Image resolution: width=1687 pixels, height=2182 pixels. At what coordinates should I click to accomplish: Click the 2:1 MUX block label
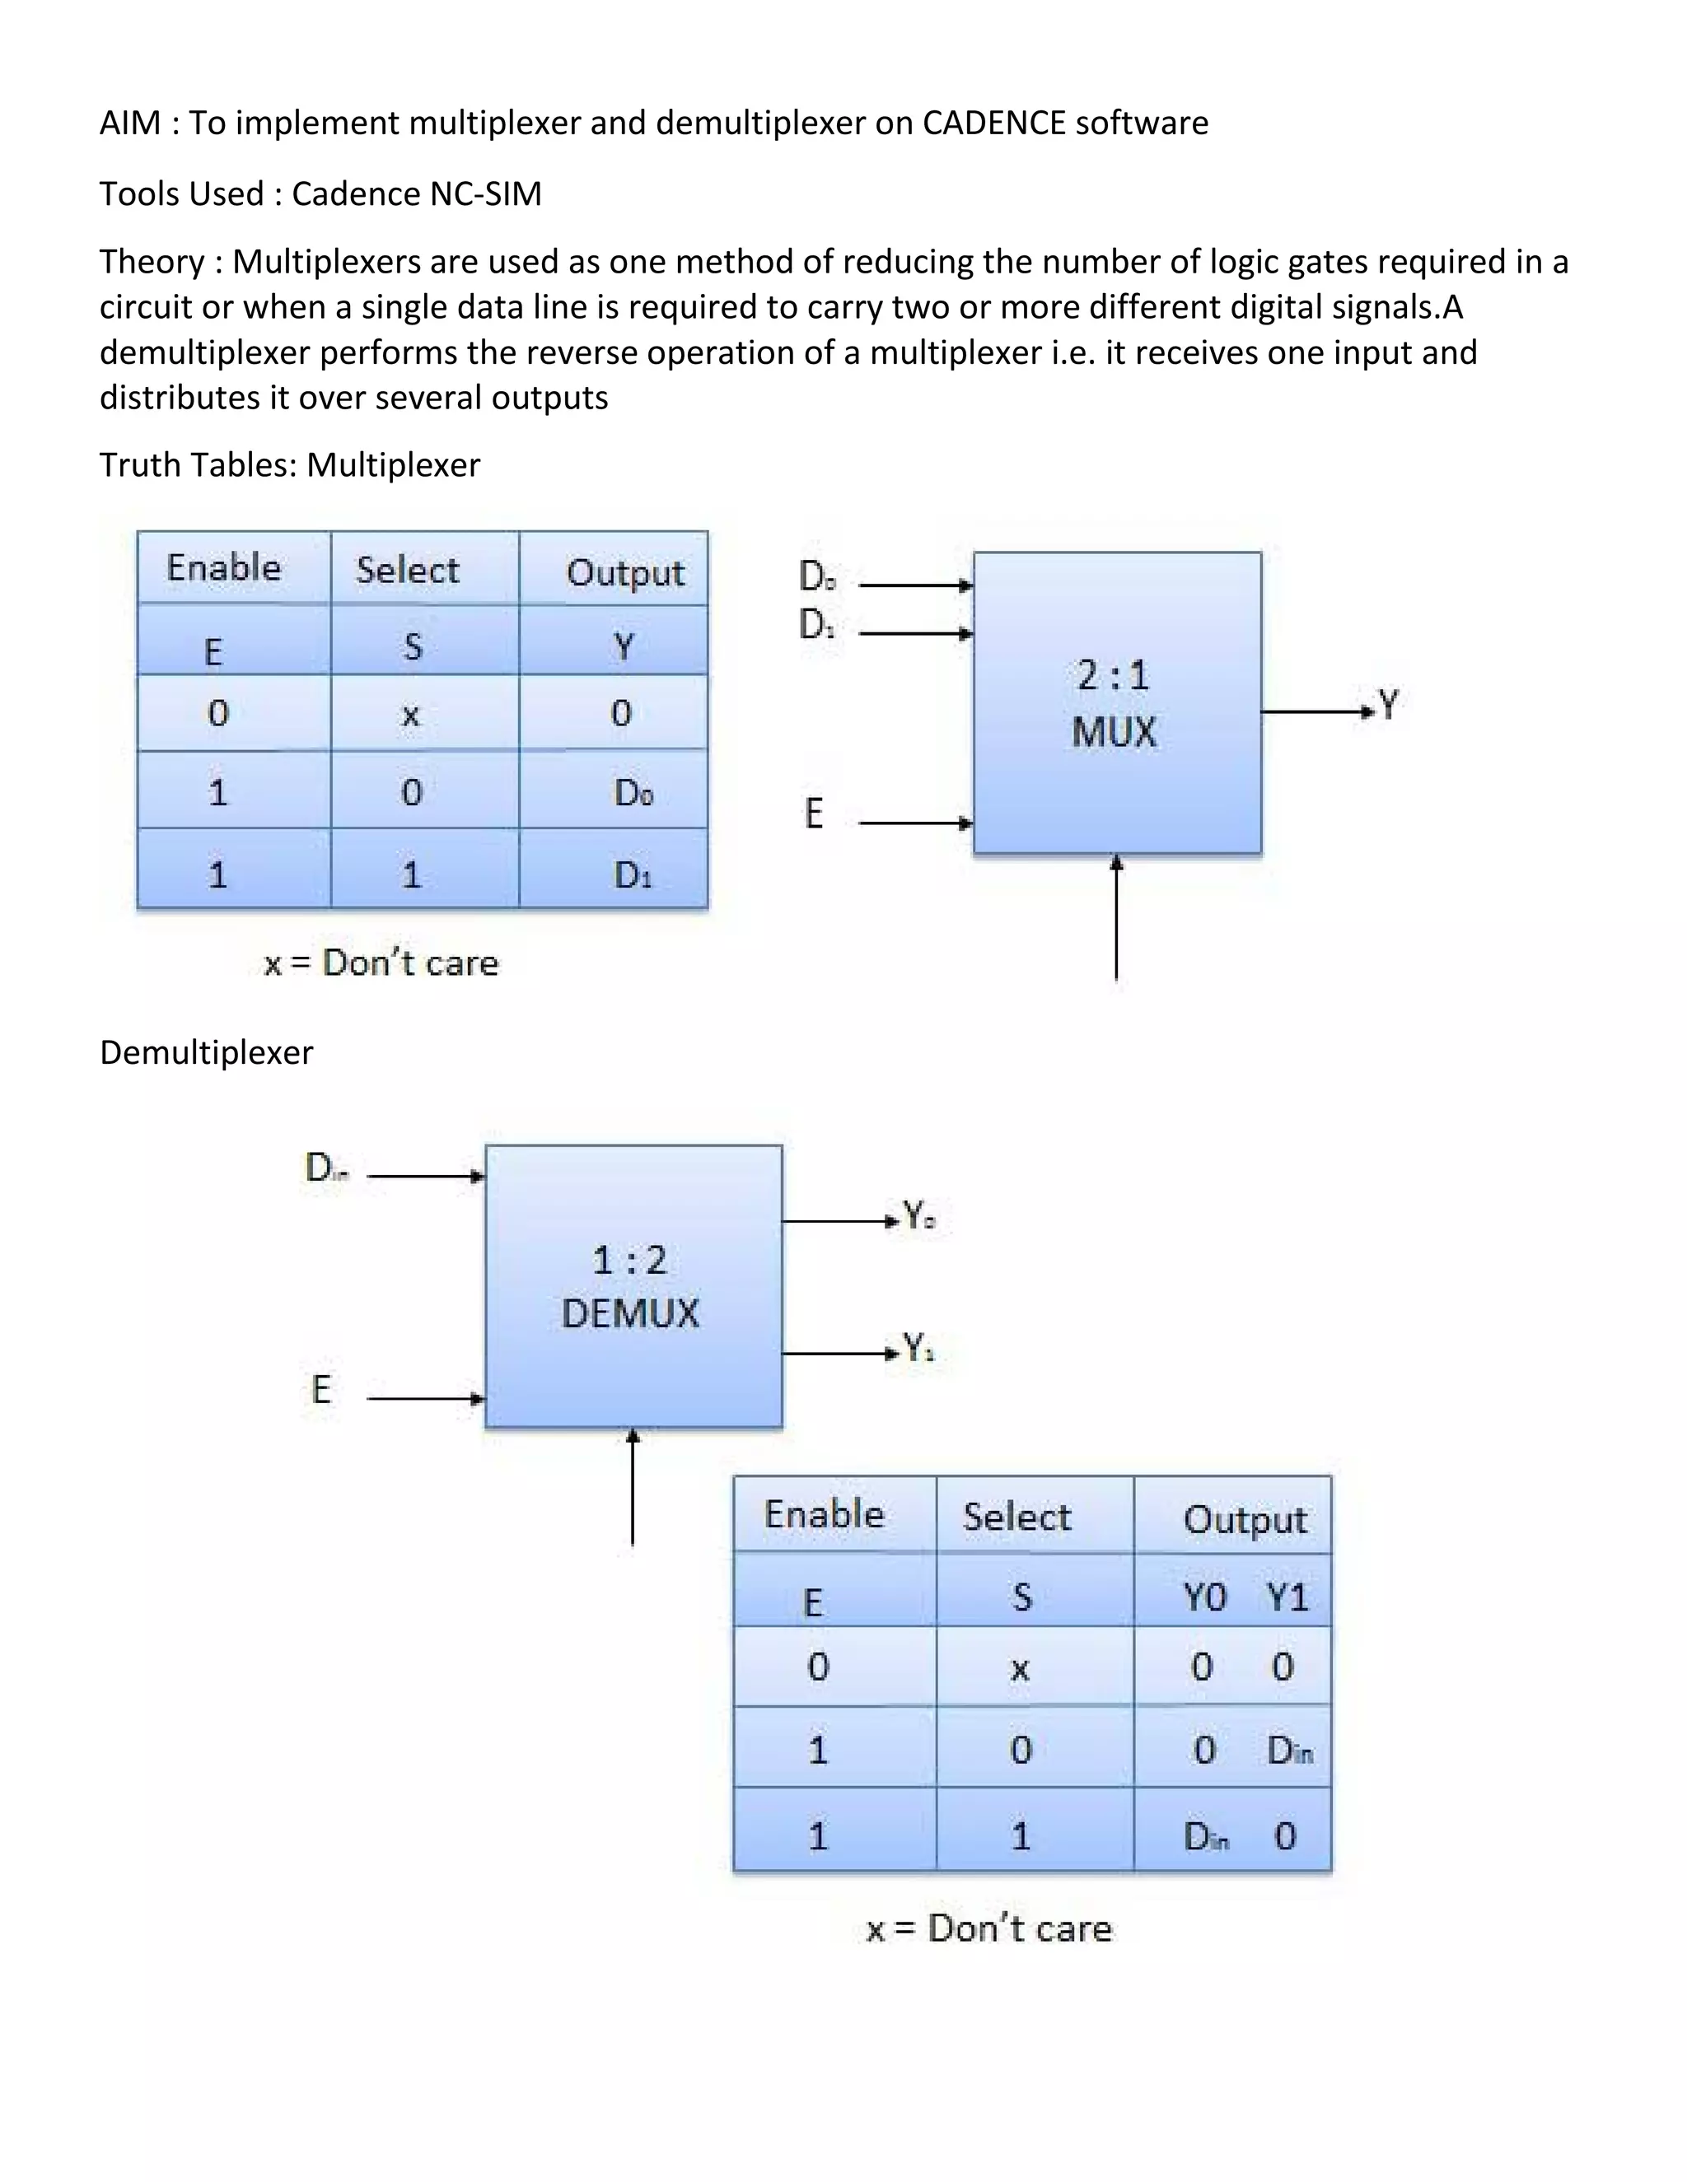point(1114,704)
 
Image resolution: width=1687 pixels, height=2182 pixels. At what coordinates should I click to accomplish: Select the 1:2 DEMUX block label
point(629,1287)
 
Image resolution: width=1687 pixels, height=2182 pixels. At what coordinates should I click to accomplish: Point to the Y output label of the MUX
point(1388,704)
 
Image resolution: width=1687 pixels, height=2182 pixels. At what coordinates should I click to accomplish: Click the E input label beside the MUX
point(814,814)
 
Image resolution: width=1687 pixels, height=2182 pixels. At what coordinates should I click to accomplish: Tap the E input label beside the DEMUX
point(320,1390)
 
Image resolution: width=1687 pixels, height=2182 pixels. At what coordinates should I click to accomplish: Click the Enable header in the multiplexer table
point(224,567)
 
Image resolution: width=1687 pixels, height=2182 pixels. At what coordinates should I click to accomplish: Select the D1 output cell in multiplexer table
point(633,875)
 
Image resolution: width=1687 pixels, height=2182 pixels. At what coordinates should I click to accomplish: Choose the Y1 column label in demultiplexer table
point(1287,1597)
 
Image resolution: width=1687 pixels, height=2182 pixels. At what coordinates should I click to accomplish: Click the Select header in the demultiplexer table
point(1016,1517)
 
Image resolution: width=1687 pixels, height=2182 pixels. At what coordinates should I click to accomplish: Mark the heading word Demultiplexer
point(206,1052)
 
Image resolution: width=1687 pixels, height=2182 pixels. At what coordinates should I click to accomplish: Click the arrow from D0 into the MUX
point(915,585)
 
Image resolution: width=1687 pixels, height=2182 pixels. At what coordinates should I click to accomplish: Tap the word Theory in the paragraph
point(152,262)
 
